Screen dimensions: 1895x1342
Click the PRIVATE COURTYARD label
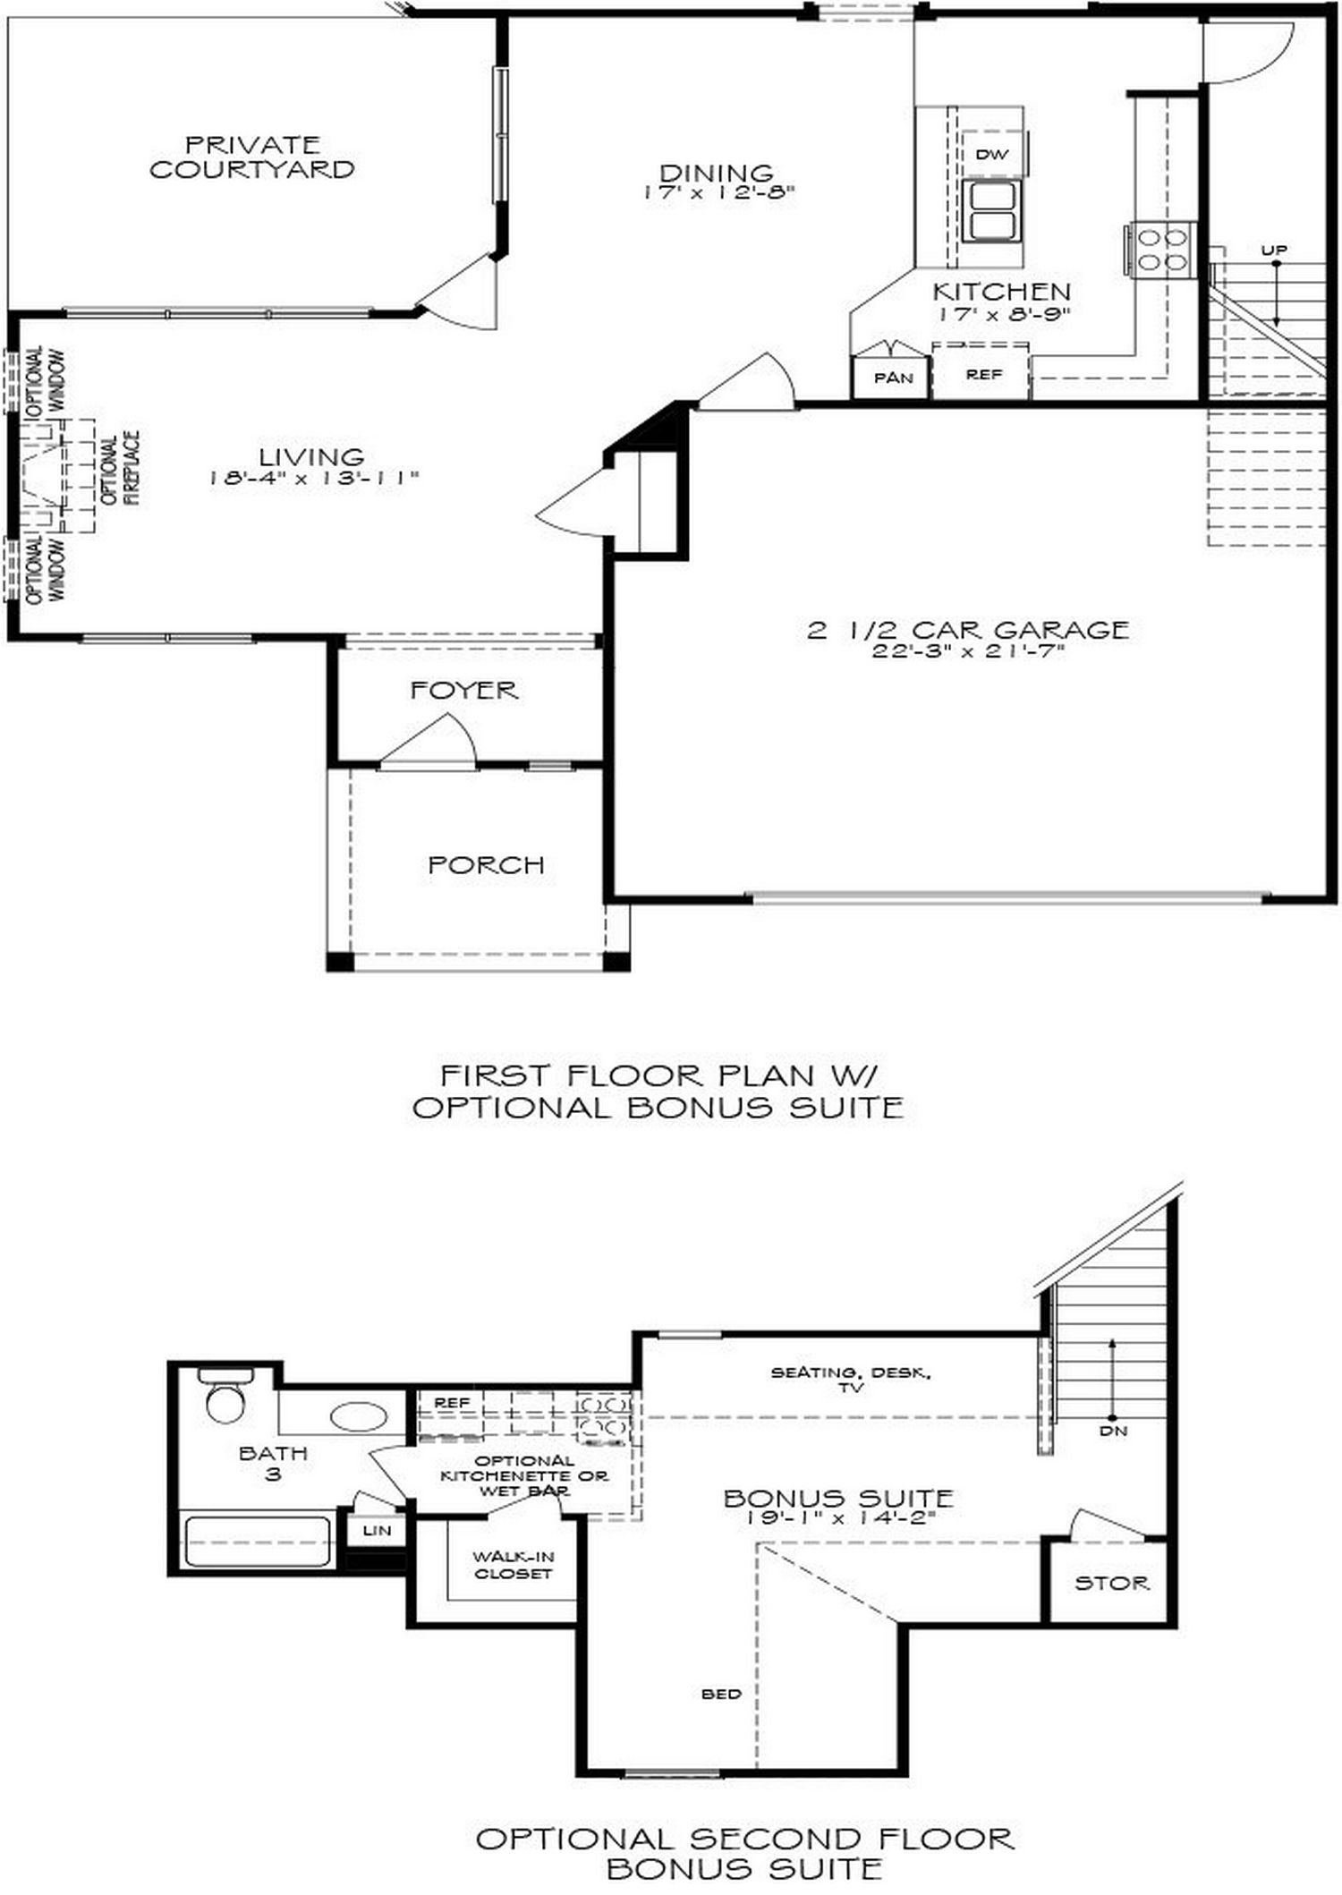(x=251, y=157)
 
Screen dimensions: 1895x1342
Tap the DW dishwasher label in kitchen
(x=991, y=154)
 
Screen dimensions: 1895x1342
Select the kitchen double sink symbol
(x=991, y=211)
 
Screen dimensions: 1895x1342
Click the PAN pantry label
(x=893, y=378)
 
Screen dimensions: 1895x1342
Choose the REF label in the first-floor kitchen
(x=983, y=375)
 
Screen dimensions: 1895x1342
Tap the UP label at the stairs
(x=1274, y=251)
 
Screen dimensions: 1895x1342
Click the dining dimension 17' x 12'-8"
(x=718, y=192)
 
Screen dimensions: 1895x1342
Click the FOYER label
(x=463, y=691)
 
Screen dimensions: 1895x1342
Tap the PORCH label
(x=486, y=865)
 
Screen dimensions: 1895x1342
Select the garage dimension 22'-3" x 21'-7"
(x=968, y=651)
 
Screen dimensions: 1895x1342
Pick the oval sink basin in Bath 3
(x=359, y=1416)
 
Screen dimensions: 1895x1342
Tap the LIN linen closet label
(x=377, y=1531)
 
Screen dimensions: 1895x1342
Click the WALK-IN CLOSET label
(x=513, y=1565)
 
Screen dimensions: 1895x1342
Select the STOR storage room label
(x=1111, y=1583)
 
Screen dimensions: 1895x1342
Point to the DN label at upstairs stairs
(x=1113, y=1432)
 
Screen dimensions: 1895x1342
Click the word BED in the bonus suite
(x=721, y=1694)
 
